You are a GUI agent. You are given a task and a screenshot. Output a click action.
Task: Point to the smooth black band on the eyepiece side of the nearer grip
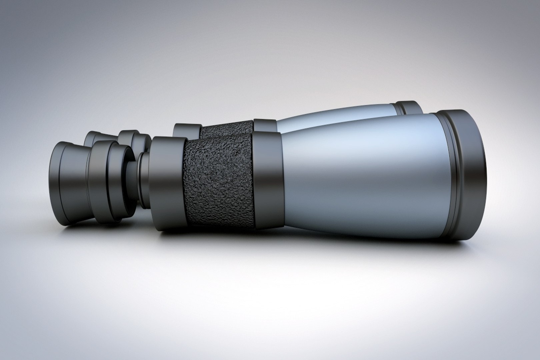(167, 180)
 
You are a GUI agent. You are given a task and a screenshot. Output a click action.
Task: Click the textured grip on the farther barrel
(230, 128)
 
